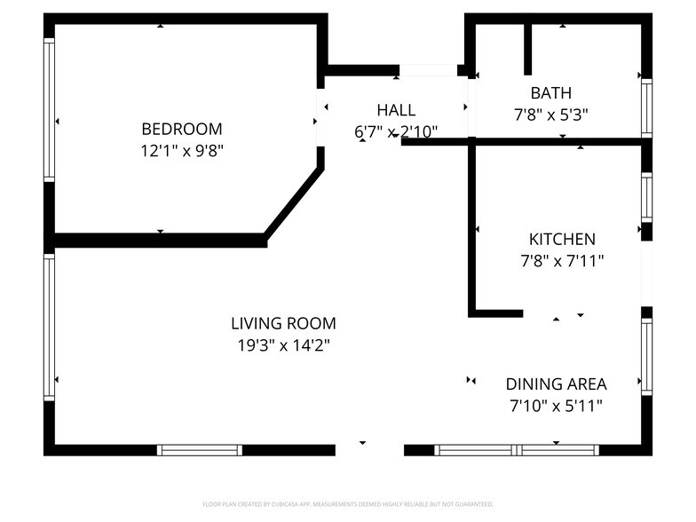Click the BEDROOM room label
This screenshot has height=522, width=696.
(181, 129)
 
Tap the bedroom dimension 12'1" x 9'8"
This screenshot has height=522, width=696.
(181, 151)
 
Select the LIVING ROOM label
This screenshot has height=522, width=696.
(283, 324)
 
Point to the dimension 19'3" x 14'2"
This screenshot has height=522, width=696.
(283, 346)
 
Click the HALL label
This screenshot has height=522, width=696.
(396, 110)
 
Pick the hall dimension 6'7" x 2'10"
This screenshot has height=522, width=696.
(396, 132)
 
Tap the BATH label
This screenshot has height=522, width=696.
(550, 92)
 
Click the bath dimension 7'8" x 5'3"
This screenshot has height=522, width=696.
(550, 115)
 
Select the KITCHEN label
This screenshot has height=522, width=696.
(562, 239)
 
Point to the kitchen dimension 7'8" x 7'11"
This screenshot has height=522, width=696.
(562, 261)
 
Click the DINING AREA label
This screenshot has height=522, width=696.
(556, 384)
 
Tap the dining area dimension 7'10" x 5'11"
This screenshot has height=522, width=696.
(556, 407)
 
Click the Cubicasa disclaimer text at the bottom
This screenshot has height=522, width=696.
(347, 503)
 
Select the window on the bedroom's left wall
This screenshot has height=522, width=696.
(50, 108)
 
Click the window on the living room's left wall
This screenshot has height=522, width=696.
(50, 326)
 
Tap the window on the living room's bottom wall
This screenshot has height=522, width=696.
(200, 450)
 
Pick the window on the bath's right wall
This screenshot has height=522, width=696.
(646, 108)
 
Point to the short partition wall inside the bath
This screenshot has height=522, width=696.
(527, 49)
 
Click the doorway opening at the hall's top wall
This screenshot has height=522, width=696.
(428, 70)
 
